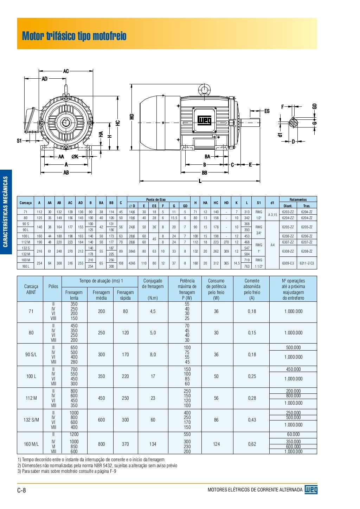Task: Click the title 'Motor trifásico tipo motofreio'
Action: click(74, 36)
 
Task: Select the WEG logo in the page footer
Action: click(311, 490)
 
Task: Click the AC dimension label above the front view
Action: click(66, 71)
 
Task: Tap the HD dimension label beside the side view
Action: click(132, 116)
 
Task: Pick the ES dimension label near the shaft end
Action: click(267, 111)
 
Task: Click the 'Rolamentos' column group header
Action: click(298, 200)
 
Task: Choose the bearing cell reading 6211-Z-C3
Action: click(307, 263)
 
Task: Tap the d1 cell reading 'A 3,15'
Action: click(272, 215)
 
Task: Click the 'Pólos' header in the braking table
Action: click(53, 286)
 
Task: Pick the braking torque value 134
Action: click(153, 444)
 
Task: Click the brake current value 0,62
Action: click(252, 444)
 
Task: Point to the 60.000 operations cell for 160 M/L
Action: click(293, 435)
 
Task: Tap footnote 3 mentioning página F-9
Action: click(67, 471)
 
